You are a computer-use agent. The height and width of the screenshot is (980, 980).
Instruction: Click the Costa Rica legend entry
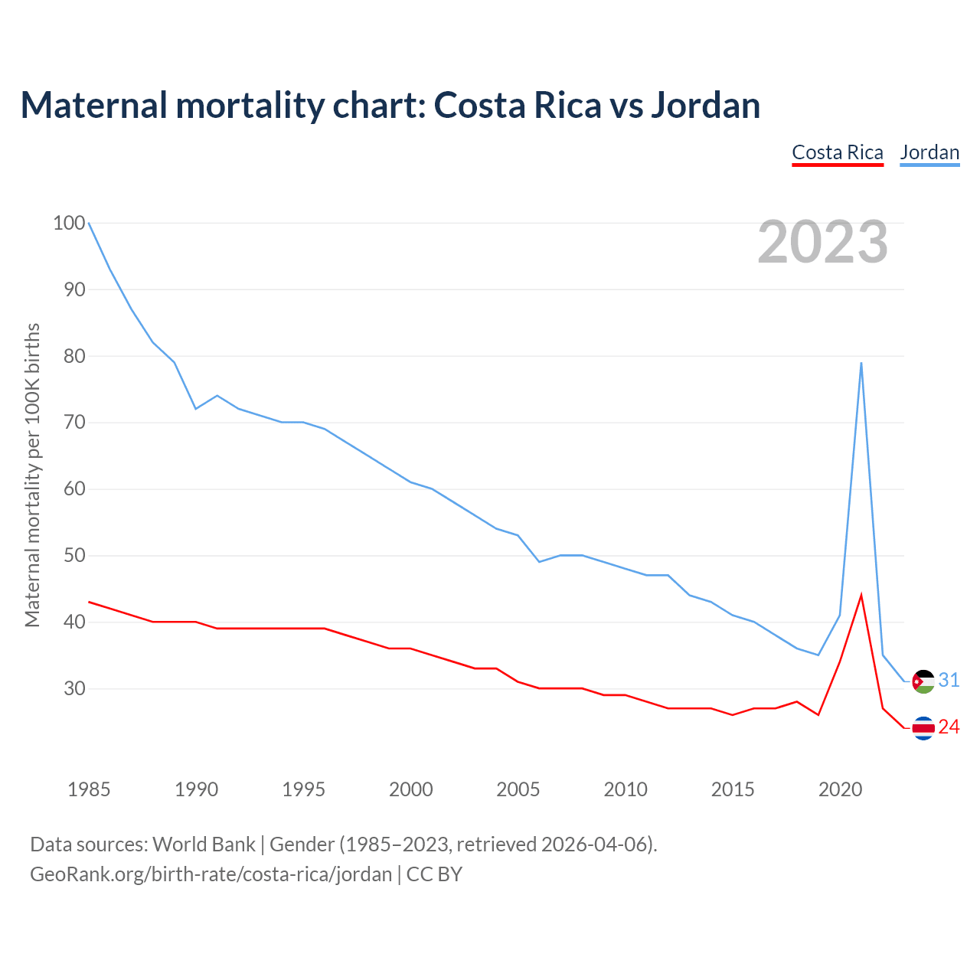point(838,152)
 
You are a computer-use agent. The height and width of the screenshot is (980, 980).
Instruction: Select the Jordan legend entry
point(929,152)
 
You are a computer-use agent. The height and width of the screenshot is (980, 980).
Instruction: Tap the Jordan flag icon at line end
point(924,681)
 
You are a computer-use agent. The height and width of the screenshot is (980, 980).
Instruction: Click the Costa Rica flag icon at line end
point(924,727)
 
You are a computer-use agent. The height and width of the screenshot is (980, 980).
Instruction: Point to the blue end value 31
point(949,680)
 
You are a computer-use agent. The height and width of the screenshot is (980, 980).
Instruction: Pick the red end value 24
point(949,727)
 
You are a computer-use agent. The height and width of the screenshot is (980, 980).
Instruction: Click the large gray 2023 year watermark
point(823,242)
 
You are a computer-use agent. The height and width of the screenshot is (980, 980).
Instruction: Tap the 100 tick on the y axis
point(69,223)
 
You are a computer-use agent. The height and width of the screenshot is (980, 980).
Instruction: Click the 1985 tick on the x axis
point(89,789)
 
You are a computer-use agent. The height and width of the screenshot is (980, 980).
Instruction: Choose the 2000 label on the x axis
point(411,789)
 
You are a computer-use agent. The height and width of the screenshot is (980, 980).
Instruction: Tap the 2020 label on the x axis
point(841,789)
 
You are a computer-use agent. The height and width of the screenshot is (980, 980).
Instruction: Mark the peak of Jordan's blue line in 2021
point(861,364)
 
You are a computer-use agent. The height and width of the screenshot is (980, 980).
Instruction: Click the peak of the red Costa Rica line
point(861,596)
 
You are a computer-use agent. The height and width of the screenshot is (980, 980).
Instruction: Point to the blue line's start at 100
point(90,224)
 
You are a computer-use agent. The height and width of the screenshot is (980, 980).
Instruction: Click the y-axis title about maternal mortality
point(32,475)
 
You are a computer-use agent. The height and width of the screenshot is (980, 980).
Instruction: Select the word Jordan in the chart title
point(705,105)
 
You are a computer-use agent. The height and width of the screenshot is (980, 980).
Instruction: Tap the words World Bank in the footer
point(204,844)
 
